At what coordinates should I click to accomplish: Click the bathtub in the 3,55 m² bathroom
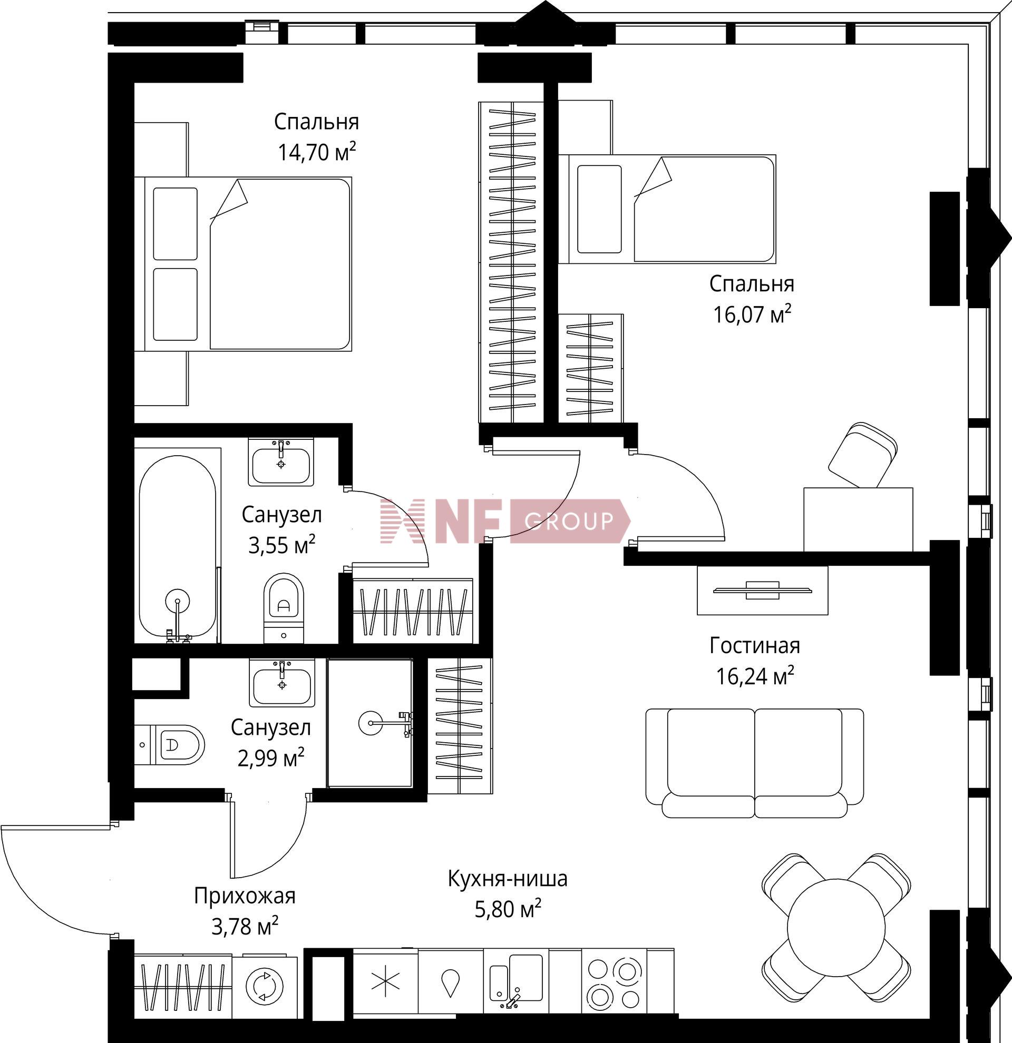pos(177,545)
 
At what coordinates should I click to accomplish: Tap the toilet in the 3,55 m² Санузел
pos(283,608)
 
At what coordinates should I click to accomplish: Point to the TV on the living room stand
pos(762,589)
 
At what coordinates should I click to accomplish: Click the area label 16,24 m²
pos(755,676)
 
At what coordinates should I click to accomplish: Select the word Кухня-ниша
pos(508,879)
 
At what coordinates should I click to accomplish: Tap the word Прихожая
pos(245,896)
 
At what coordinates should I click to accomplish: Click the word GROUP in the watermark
pos(569,521)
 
